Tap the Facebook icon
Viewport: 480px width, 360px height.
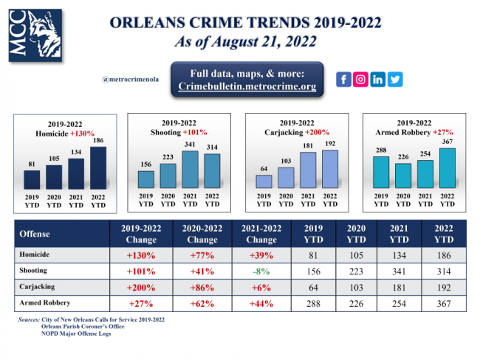point(343,80)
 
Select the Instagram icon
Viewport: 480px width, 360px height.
point(360,80)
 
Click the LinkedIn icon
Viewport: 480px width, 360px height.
point(377,80)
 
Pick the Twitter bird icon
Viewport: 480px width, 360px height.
point(395,80)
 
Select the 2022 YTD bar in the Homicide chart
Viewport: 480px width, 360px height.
point(97,168)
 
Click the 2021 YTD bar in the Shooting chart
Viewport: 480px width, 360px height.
point(190,170)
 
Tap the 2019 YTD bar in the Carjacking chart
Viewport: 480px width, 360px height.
point(264,181)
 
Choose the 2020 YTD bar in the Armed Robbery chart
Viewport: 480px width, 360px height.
point(402,176)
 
